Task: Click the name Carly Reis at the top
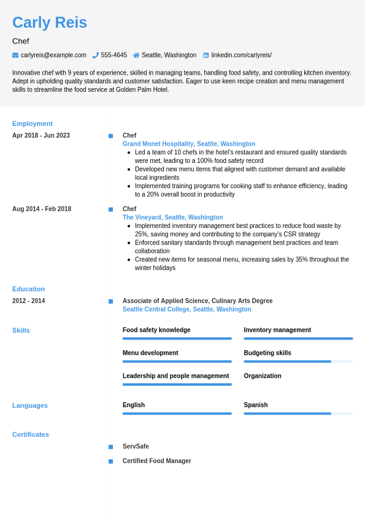50,23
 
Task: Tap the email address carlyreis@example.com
53,55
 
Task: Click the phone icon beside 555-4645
96,55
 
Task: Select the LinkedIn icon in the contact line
206,55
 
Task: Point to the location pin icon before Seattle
136,55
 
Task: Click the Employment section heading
33,124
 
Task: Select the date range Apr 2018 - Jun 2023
41,135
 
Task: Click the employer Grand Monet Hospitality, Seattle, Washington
189,144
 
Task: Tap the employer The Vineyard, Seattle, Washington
172,217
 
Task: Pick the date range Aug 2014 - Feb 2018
42,209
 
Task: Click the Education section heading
28,289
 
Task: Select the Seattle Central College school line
186,309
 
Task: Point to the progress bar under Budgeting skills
298,361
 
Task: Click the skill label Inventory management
277,330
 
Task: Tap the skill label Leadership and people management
175,376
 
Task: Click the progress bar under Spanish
298,413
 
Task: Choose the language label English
134,405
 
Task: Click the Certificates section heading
31,435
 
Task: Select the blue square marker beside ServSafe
110,447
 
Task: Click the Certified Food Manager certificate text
156,461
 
